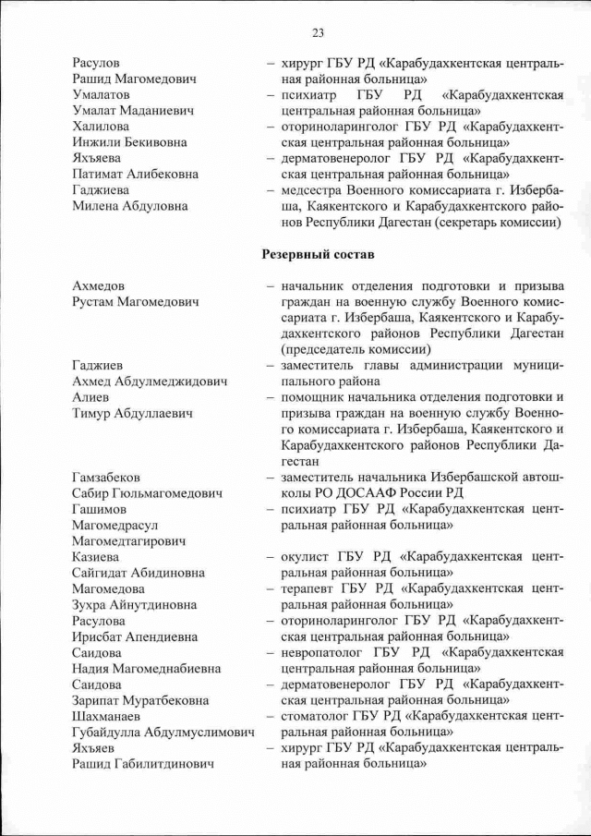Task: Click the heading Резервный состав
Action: click(319, 252)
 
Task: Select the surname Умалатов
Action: click(101, 94)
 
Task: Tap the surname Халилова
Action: click(101, 127)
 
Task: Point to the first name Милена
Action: click(97, 206)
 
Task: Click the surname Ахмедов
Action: click(99, 286)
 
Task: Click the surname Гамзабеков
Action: click(107, 477)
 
